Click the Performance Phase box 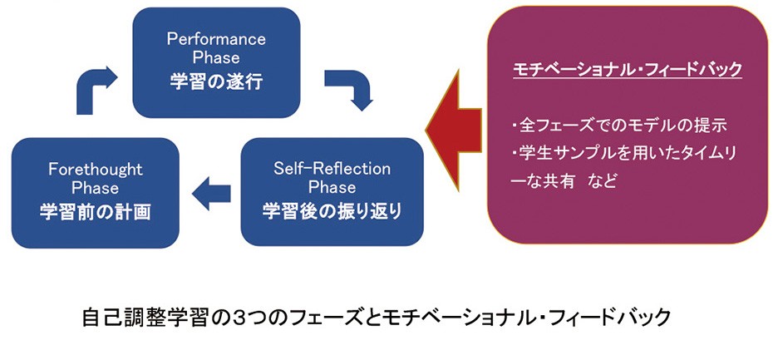(216, 62)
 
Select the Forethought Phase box (95, 192)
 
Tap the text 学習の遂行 (216, 83)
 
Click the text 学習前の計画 (95, 211)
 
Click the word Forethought (95, 171)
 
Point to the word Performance (216, 39)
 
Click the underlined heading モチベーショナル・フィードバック (627, 70)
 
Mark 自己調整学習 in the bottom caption (132, 318)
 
